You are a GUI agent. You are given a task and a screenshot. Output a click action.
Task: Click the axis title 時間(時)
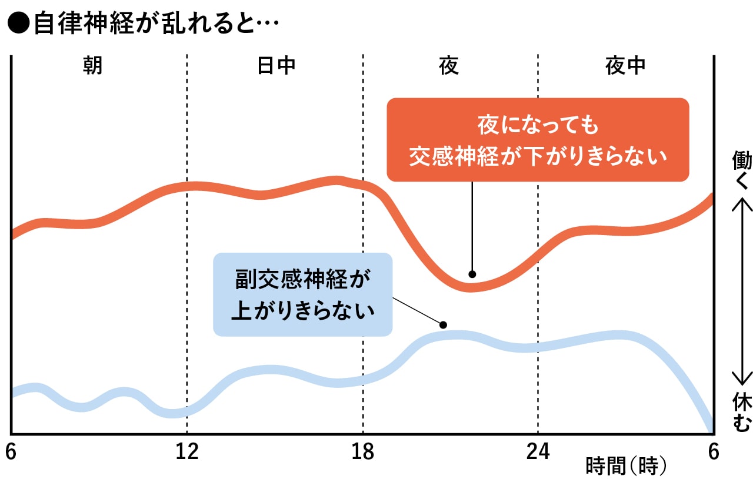pos(627,467)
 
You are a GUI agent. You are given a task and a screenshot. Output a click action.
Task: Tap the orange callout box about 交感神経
pos(537,140)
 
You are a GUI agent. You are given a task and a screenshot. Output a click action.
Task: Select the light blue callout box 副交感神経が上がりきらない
pos(302,294)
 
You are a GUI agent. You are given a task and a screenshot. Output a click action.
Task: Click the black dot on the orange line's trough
pos(472,274)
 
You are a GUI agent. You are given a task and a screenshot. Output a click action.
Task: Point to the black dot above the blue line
pos(444,324)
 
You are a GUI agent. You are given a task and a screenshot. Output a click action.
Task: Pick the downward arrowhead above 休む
pos(742,380)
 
